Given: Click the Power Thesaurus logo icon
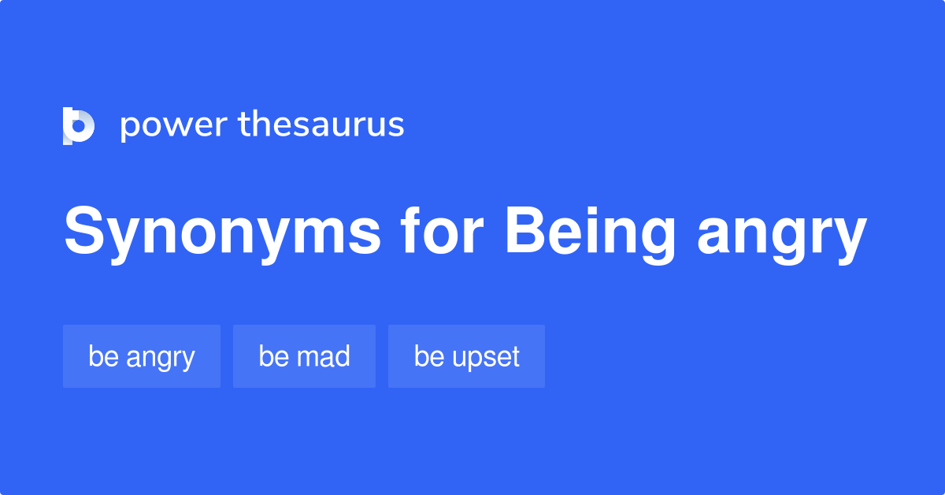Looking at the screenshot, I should (78, 125).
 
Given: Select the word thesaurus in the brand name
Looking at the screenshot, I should (321, 125).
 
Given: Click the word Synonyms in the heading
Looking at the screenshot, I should (223, 233).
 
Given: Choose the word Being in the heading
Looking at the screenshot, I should (590, 234).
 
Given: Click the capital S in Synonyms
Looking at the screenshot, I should (84, 232).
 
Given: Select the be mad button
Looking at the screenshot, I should (304, 356).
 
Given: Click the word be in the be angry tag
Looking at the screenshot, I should (102, 356).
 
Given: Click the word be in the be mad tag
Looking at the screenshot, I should (272, 356).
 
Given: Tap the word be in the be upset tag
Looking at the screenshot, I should (428, 356).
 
